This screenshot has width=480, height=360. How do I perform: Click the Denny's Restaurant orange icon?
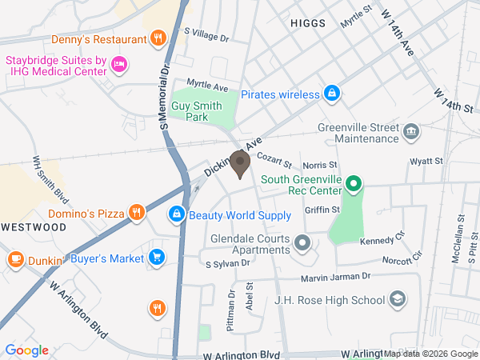pyautogui.click(x=159, y=38)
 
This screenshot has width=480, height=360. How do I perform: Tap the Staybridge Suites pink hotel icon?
pyautogui.click(x=118, y=63)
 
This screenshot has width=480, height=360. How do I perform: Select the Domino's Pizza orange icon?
pyautogui.click(x=138, y=213)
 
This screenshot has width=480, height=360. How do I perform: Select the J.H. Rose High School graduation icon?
pyautogui.click(x=397, y=300)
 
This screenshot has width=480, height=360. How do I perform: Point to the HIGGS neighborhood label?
pyautogui.click(x=307, y=23)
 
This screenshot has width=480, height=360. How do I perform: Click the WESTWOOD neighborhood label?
pyautogui.click(x=33, y=227)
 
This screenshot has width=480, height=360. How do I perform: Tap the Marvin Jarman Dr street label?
pyautogui.click(x=335, y=277)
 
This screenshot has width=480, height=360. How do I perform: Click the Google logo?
pyautogui.click(x=26, y=350)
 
